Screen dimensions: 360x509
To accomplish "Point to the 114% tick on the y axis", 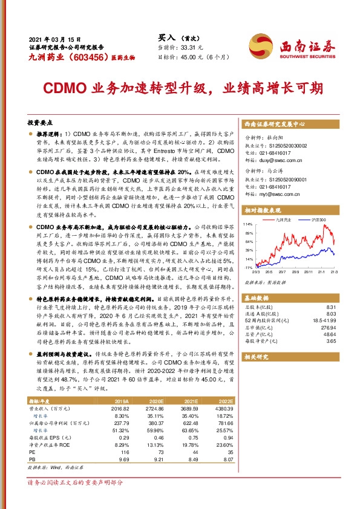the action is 248,224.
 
